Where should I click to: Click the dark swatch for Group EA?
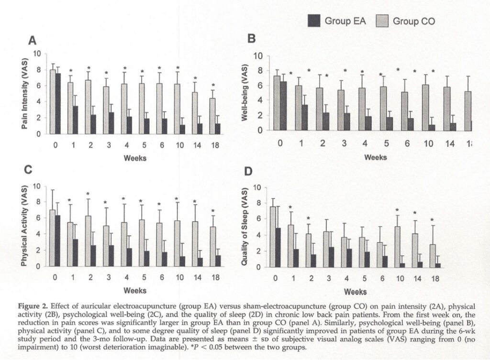314,21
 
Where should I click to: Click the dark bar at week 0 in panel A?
58,103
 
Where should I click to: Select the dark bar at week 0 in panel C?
58,241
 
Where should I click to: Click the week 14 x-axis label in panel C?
195,278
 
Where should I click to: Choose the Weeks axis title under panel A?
135,157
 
